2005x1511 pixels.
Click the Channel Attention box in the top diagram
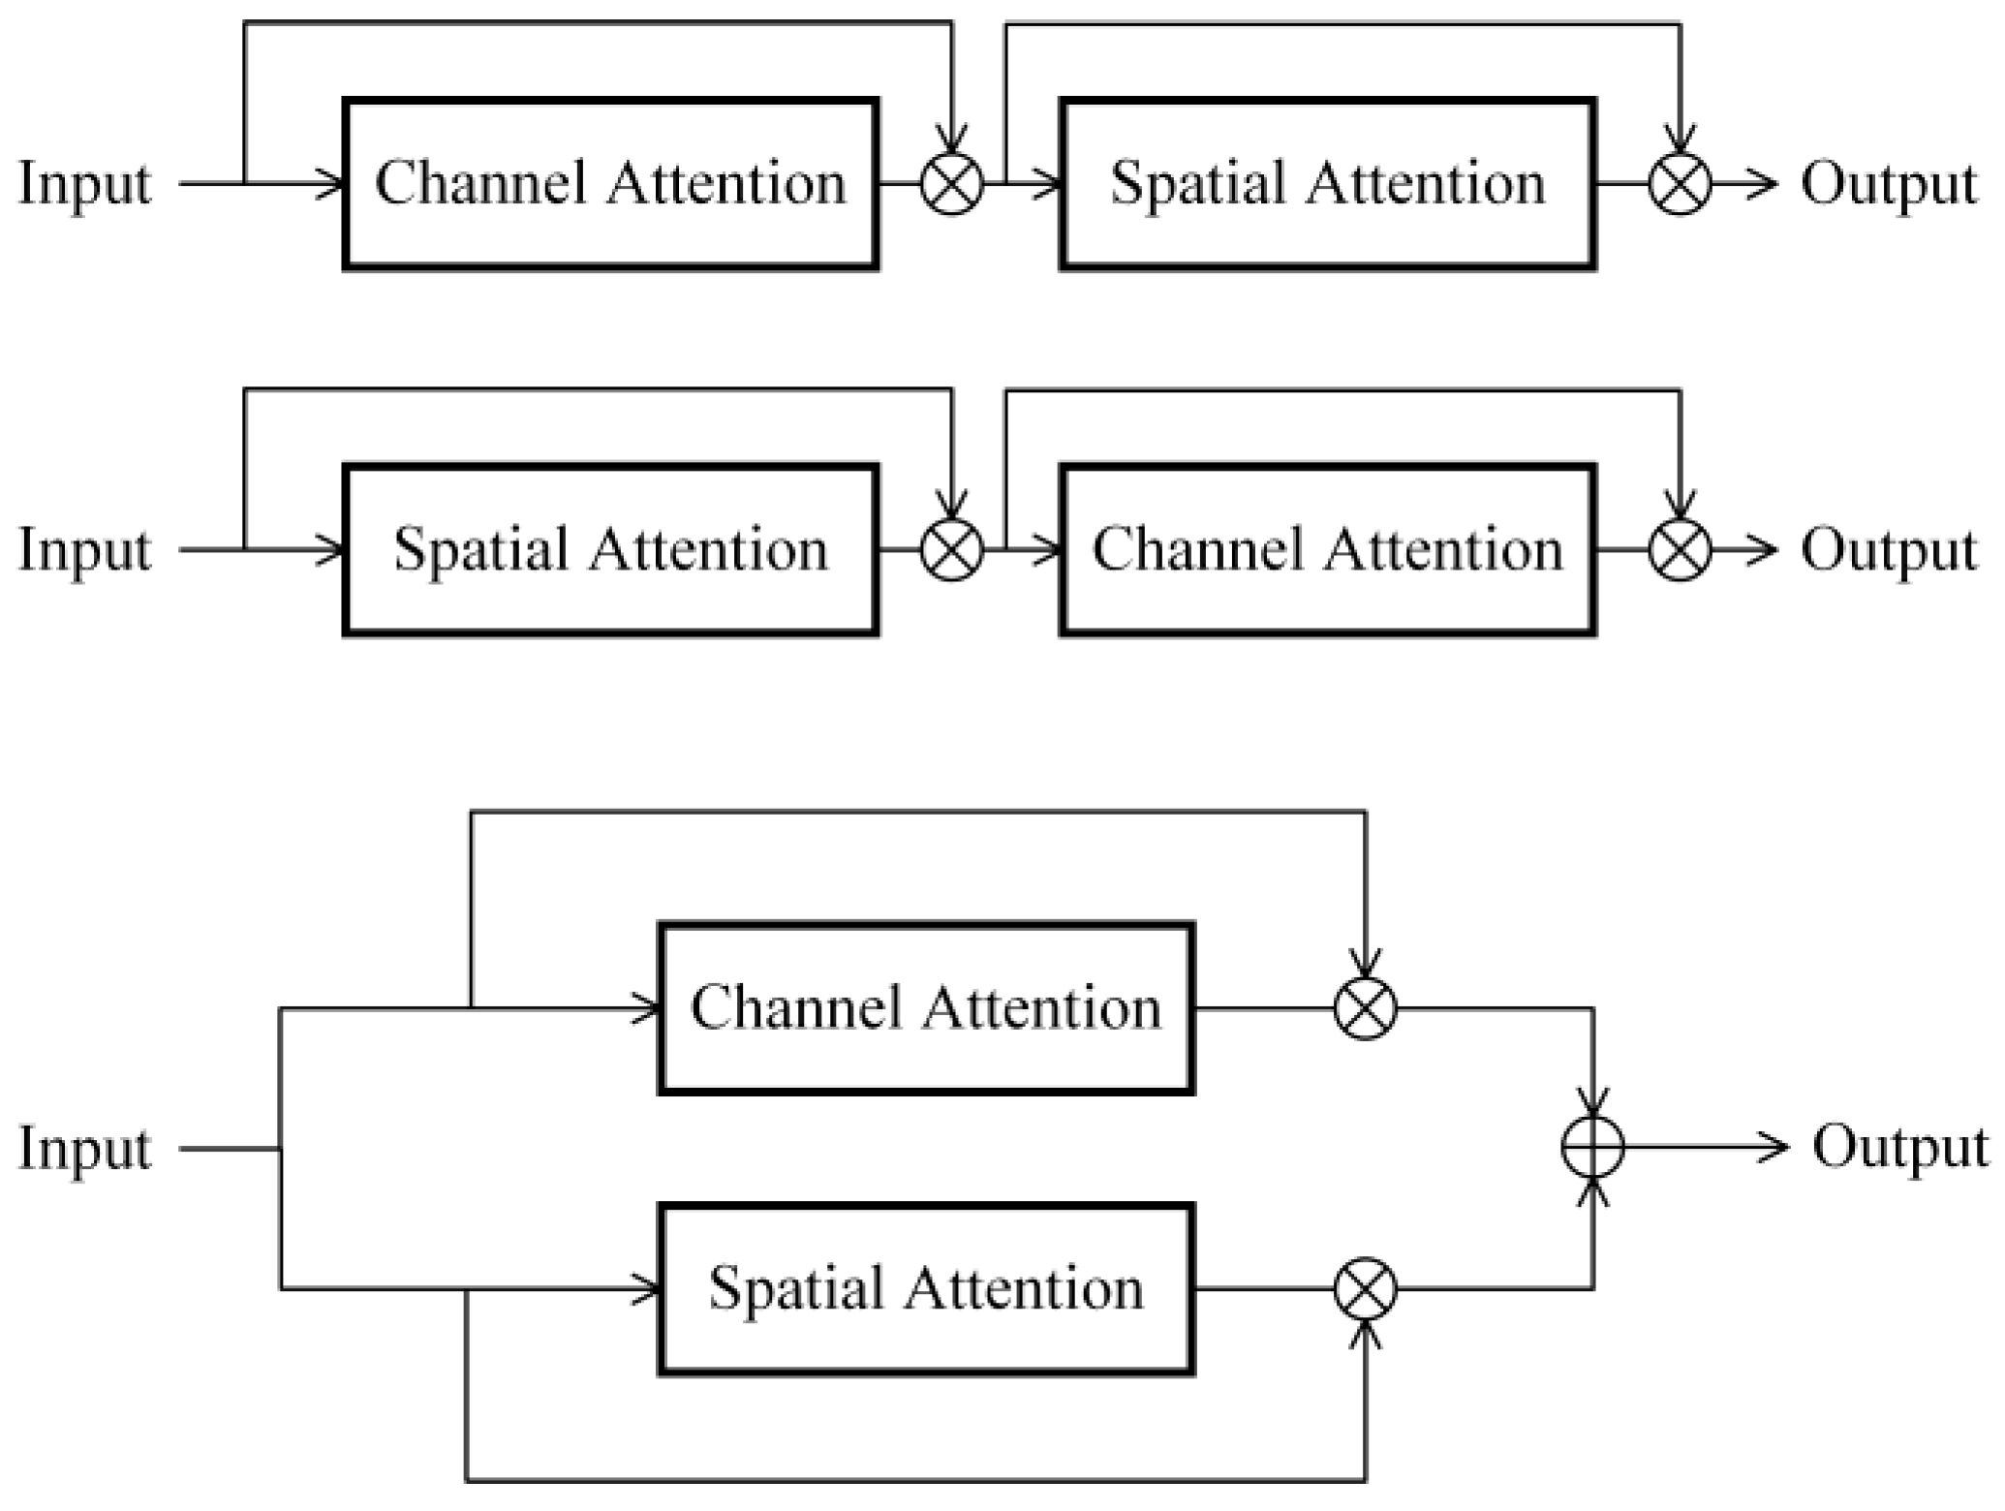point(610,184)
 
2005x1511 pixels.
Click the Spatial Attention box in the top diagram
point(1327,184)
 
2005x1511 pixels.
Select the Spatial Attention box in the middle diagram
point(610,550)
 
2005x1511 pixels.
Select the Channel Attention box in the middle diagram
point(1327,550)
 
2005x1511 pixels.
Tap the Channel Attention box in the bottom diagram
point(925,1008)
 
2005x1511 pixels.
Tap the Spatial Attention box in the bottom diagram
point(925,1289)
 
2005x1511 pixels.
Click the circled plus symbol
point(1593,1148)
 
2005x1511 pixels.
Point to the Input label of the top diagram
point(85,184)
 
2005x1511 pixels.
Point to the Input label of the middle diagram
point(85,550)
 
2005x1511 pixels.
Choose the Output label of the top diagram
point(1888,184)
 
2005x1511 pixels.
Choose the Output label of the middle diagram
point(1888,550)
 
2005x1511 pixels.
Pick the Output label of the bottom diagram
point(1899,1148)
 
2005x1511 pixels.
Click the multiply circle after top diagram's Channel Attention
point(951,184)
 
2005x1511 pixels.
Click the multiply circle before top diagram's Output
point(1681,184)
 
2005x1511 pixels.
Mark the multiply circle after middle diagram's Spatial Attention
point(951,550)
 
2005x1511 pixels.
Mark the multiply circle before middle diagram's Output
point(1681,550)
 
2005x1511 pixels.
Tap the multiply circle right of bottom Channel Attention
point(1366,1008)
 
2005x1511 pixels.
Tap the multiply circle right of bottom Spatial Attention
point(1366,1289)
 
